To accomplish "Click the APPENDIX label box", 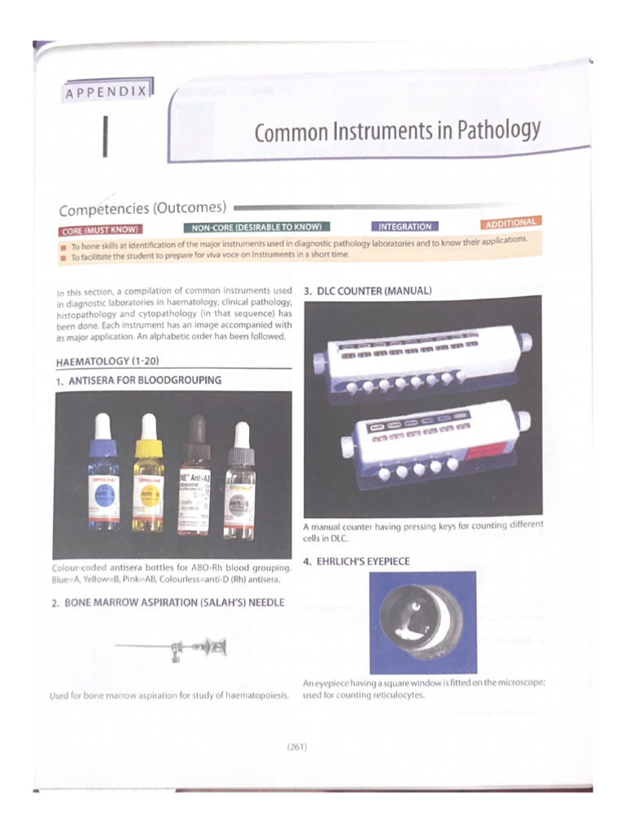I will [x=107, y=92].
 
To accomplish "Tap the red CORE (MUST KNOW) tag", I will [x=100, y=230].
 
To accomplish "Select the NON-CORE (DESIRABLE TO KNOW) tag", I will [x=257, y=226].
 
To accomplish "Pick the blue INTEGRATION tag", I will [x=404, y=226].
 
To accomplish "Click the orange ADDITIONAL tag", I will [x=510, y=222].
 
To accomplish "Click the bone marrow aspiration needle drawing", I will [x=174, y=648].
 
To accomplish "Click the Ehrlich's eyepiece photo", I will [x=422, y=622].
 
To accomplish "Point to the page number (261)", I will [x=296, y=745].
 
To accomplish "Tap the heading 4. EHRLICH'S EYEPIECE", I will [x=356, y=561].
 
